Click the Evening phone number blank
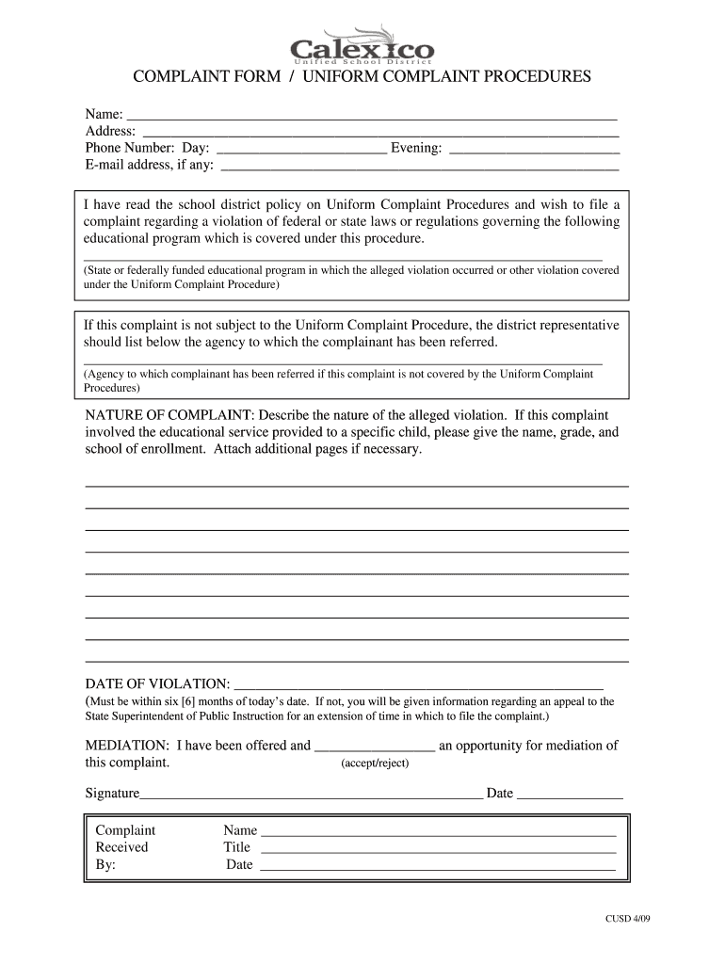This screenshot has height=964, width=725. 534,151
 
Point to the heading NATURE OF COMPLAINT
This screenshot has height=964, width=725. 169,415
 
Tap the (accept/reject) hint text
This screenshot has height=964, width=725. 375,763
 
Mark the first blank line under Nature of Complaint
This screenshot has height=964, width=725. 357,485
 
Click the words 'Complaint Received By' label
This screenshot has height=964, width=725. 124,847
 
